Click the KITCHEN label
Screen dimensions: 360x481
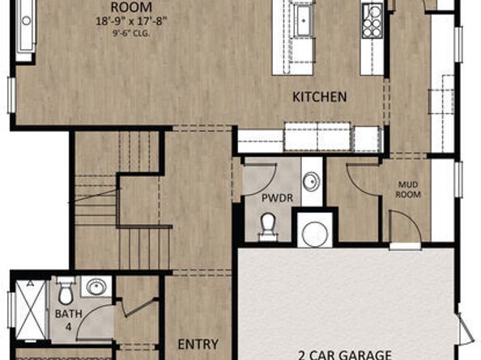pos(319,97)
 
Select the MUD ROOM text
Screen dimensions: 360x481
pos(407,189)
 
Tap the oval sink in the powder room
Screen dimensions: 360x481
pos(311,180)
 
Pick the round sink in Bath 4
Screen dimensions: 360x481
pos(96,287)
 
